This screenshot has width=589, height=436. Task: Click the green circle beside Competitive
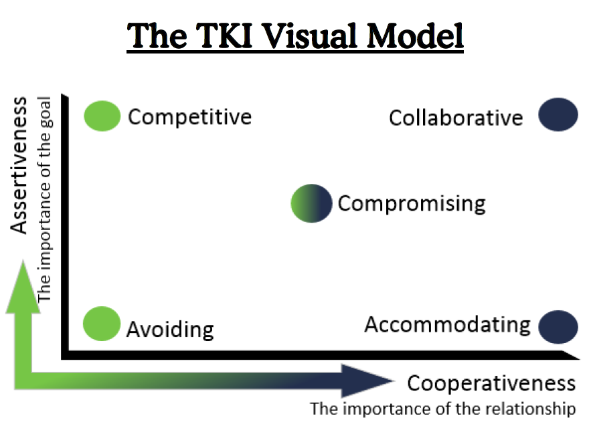[x=102, y=115]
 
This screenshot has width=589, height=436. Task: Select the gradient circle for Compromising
[x=311, y=203]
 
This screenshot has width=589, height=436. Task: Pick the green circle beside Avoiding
[x=102, y=324]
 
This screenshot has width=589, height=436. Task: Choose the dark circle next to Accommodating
[x=558, y=326]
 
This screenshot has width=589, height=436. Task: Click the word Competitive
[x=189, y=117]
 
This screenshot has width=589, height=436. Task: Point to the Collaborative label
[x=456, y=118]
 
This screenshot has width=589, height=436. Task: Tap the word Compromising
[x=411, y=203]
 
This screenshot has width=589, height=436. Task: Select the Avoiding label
[x=170, y=330]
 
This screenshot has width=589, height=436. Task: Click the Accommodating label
[x=447, y=325]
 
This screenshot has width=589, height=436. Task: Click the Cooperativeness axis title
[x=491, y=383]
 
